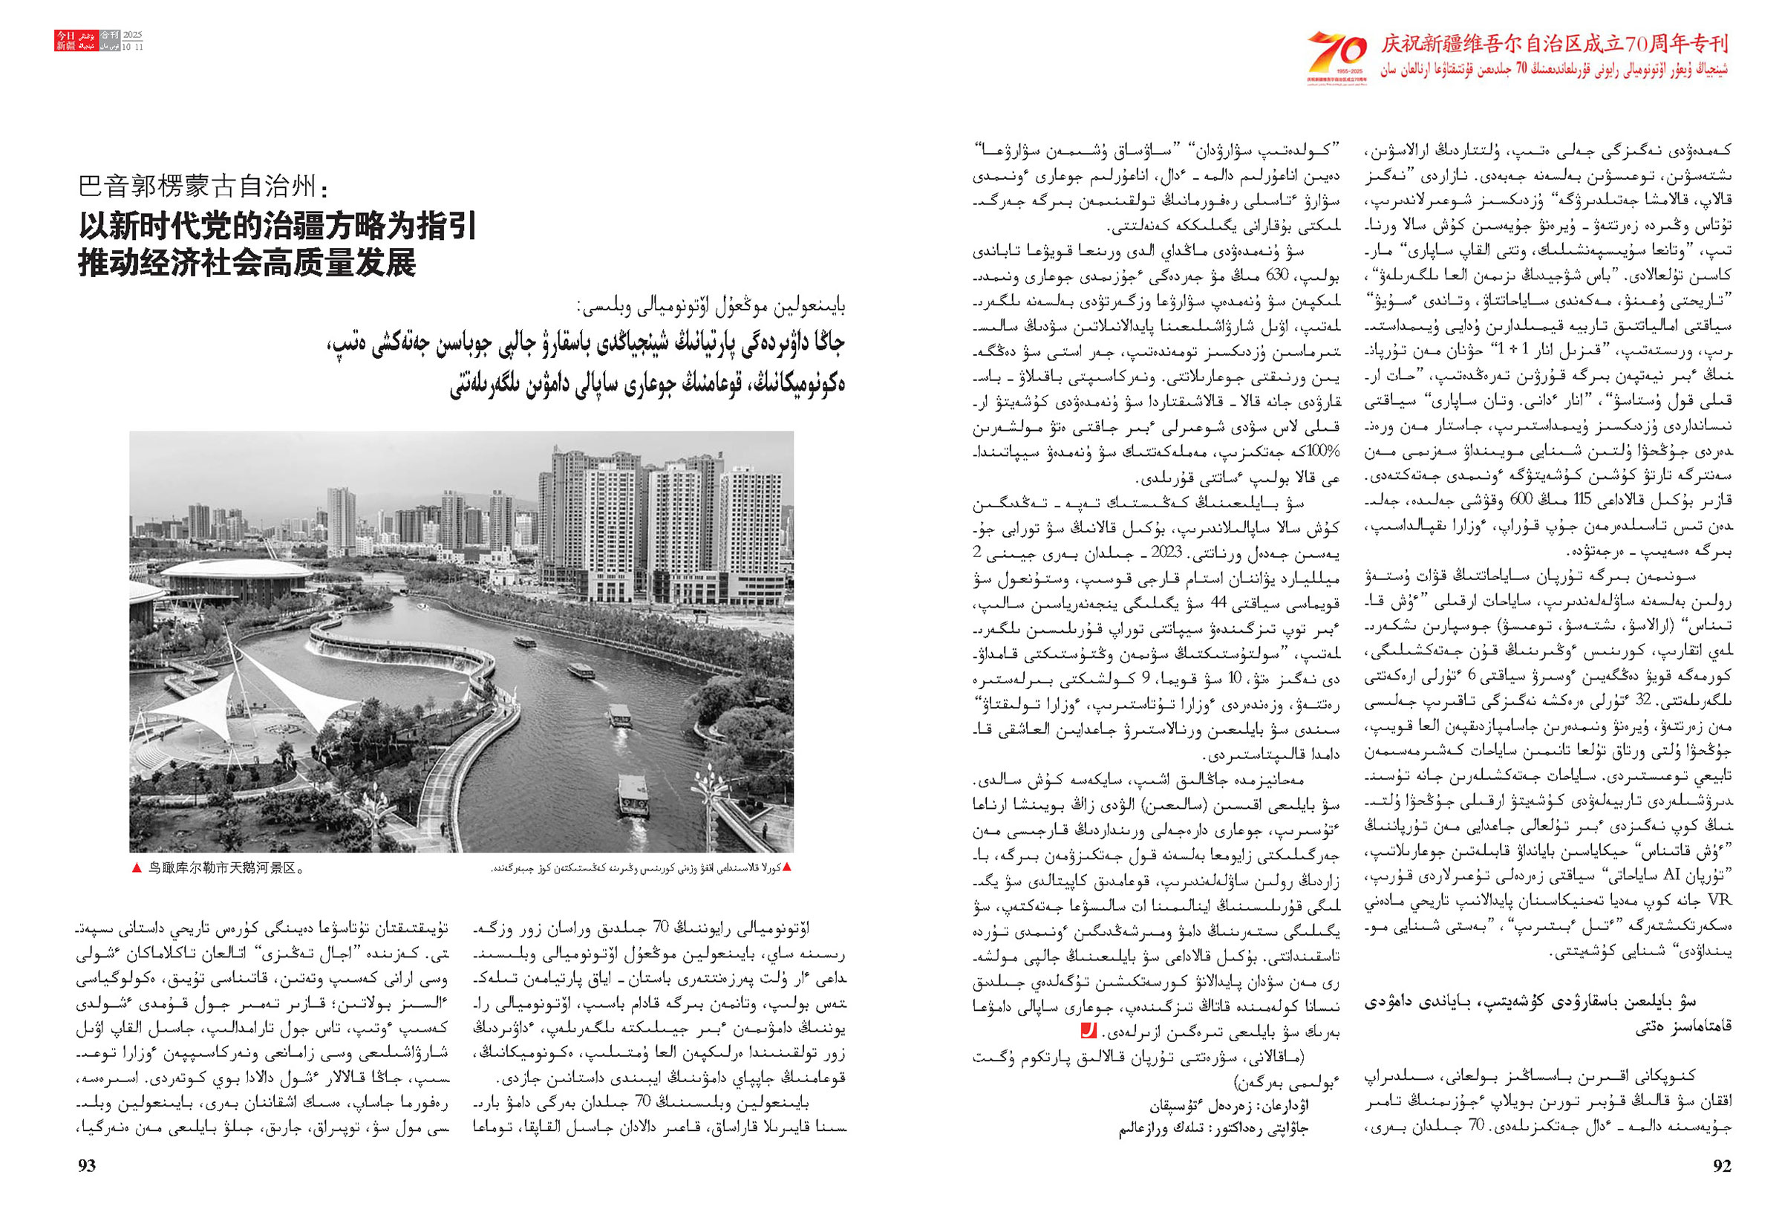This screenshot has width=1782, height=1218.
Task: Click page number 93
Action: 87,1166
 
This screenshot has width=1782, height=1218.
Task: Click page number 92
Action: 1721,1166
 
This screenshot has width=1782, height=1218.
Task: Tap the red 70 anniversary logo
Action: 1337,54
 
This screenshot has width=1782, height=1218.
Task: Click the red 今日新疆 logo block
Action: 66,41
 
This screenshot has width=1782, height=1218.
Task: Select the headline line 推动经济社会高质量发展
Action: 247,262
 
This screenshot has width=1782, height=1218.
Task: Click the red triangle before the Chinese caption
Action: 137,868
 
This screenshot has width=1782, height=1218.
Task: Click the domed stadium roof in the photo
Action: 238,571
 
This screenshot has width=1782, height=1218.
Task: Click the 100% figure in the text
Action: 1325,452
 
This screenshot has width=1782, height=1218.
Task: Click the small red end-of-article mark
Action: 1088,1032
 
